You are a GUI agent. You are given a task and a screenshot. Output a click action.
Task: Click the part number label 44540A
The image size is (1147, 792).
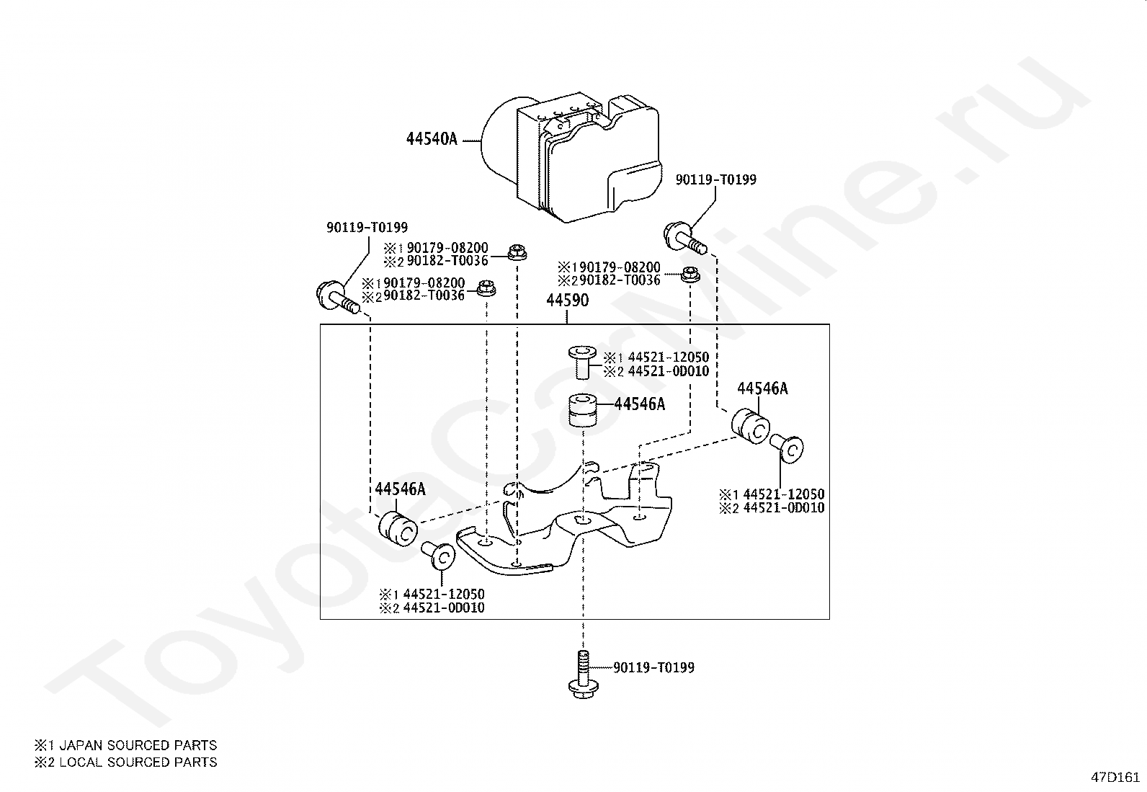click(x=432, y=139)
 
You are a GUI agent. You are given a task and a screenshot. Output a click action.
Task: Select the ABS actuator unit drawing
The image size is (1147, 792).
click(x=571, y=158)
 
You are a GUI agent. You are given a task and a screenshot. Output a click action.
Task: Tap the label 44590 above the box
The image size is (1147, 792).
click(x=567, y=301)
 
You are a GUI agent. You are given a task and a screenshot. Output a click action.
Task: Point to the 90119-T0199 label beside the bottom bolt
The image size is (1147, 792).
click(x=654, y=667)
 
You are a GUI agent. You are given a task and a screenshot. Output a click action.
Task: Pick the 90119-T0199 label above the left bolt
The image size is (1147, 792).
click(x=367, y=227)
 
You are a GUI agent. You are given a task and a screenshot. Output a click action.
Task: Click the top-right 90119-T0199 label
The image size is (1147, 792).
click(x=716, y=179)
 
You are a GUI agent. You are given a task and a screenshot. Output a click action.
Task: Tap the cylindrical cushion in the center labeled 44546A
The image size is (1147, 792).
click(x=584, y=410)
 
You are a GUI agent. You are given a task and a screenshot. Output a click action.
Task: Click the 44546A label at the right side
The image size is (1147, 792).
click(x=762, y=389)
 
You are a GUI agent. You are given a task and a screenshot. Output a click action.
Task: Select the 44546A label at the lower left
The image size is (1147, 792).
click(x=400, y=489)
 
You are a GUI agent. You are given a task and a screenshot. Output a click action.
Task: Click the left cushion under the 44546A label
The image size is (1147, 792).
click(x=398, y=528)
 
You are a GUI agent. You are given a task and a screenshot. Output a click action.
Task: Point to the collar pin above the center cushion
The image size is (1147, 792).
click(x=582, y=362)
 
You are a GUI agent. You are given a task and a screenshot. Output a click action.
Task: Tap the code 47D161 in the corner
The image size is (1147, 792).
click(x=1115, y=777)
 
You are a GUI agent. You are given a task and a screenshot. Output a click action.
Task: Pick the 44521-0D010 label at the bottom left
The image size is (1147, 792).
click(x=443, y=608)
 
